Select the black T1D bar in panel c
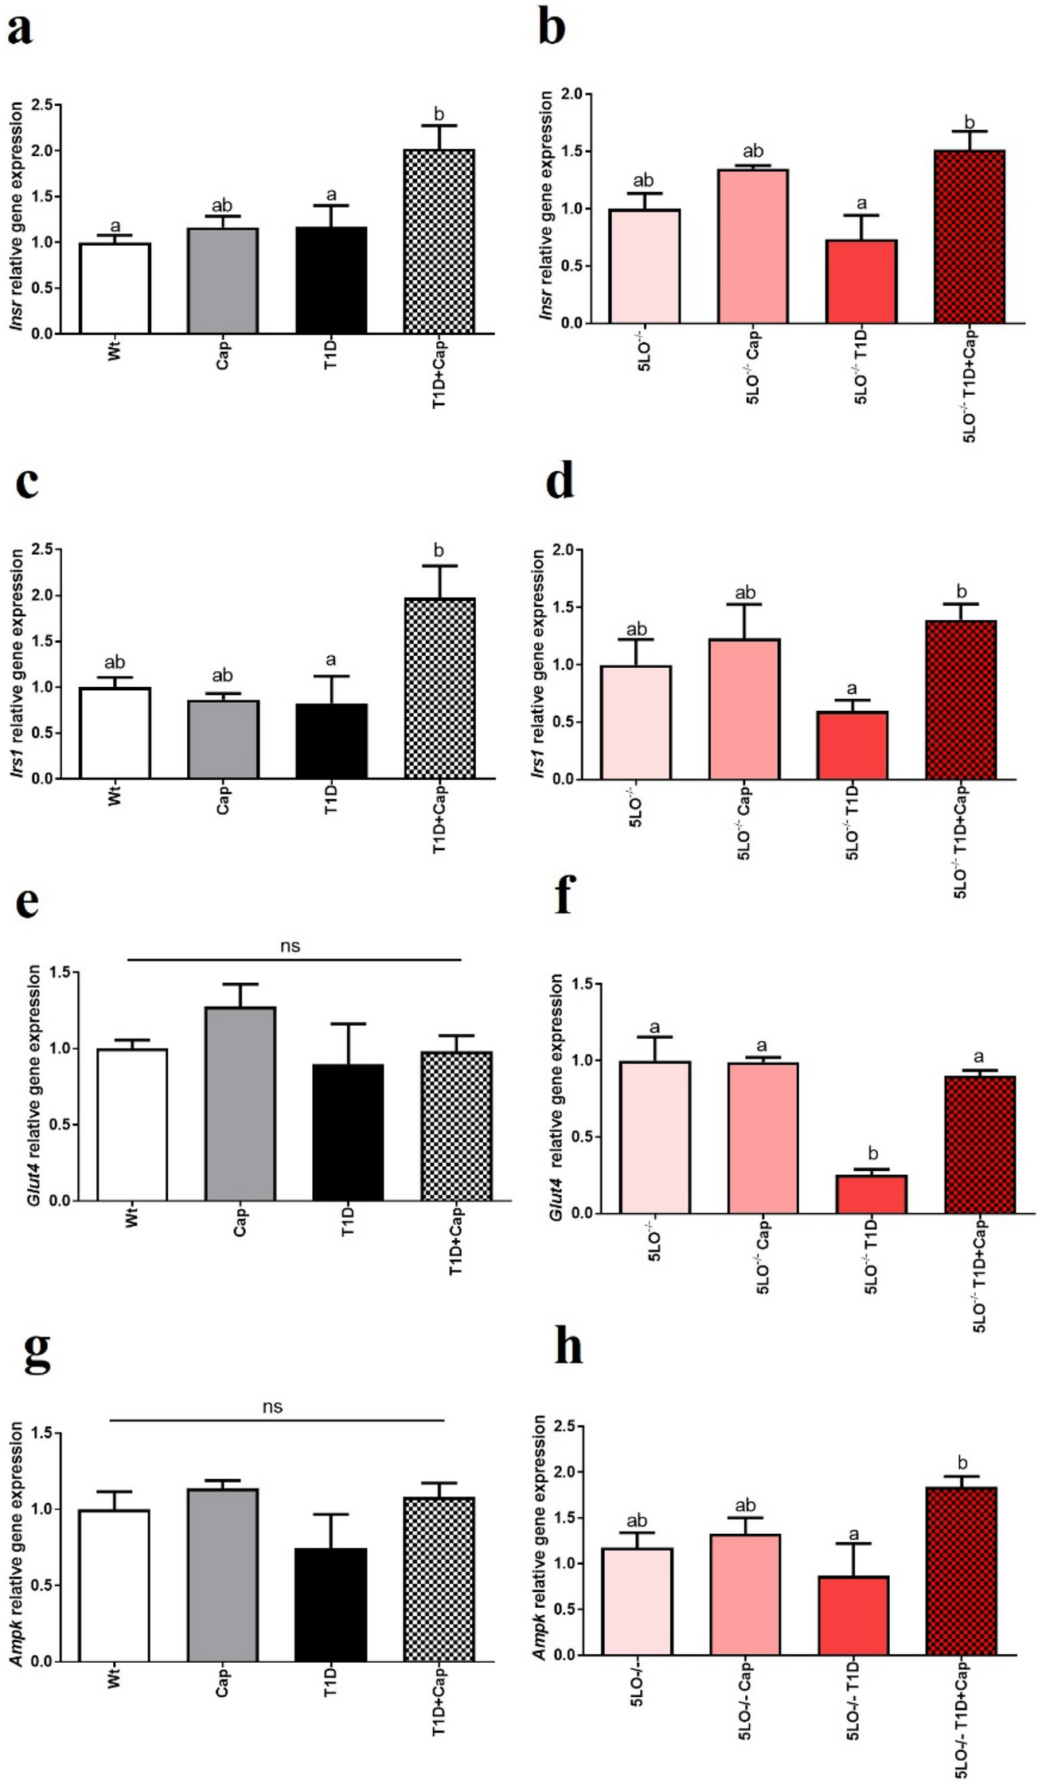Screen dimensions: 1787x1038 (331, 741)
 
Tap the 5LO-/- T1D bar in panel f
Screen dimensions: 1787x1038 (872, 1194)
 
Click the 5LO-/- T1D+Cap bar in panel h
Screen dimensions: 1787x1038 (961, 1572)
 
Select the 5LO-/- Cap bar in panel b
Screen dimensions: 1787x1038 (752, 247)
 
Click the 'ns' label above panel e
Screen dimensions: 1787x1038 (291, 946)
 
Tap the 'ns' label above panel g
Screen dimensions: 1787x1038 (272, 1407)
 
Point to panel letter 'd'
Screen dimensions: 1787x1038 (560, 482)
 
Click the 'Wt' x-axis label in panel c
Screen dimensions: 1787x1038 (115, 796)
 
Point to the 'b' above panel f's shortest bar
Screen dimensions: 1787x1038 (872, 1154)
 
